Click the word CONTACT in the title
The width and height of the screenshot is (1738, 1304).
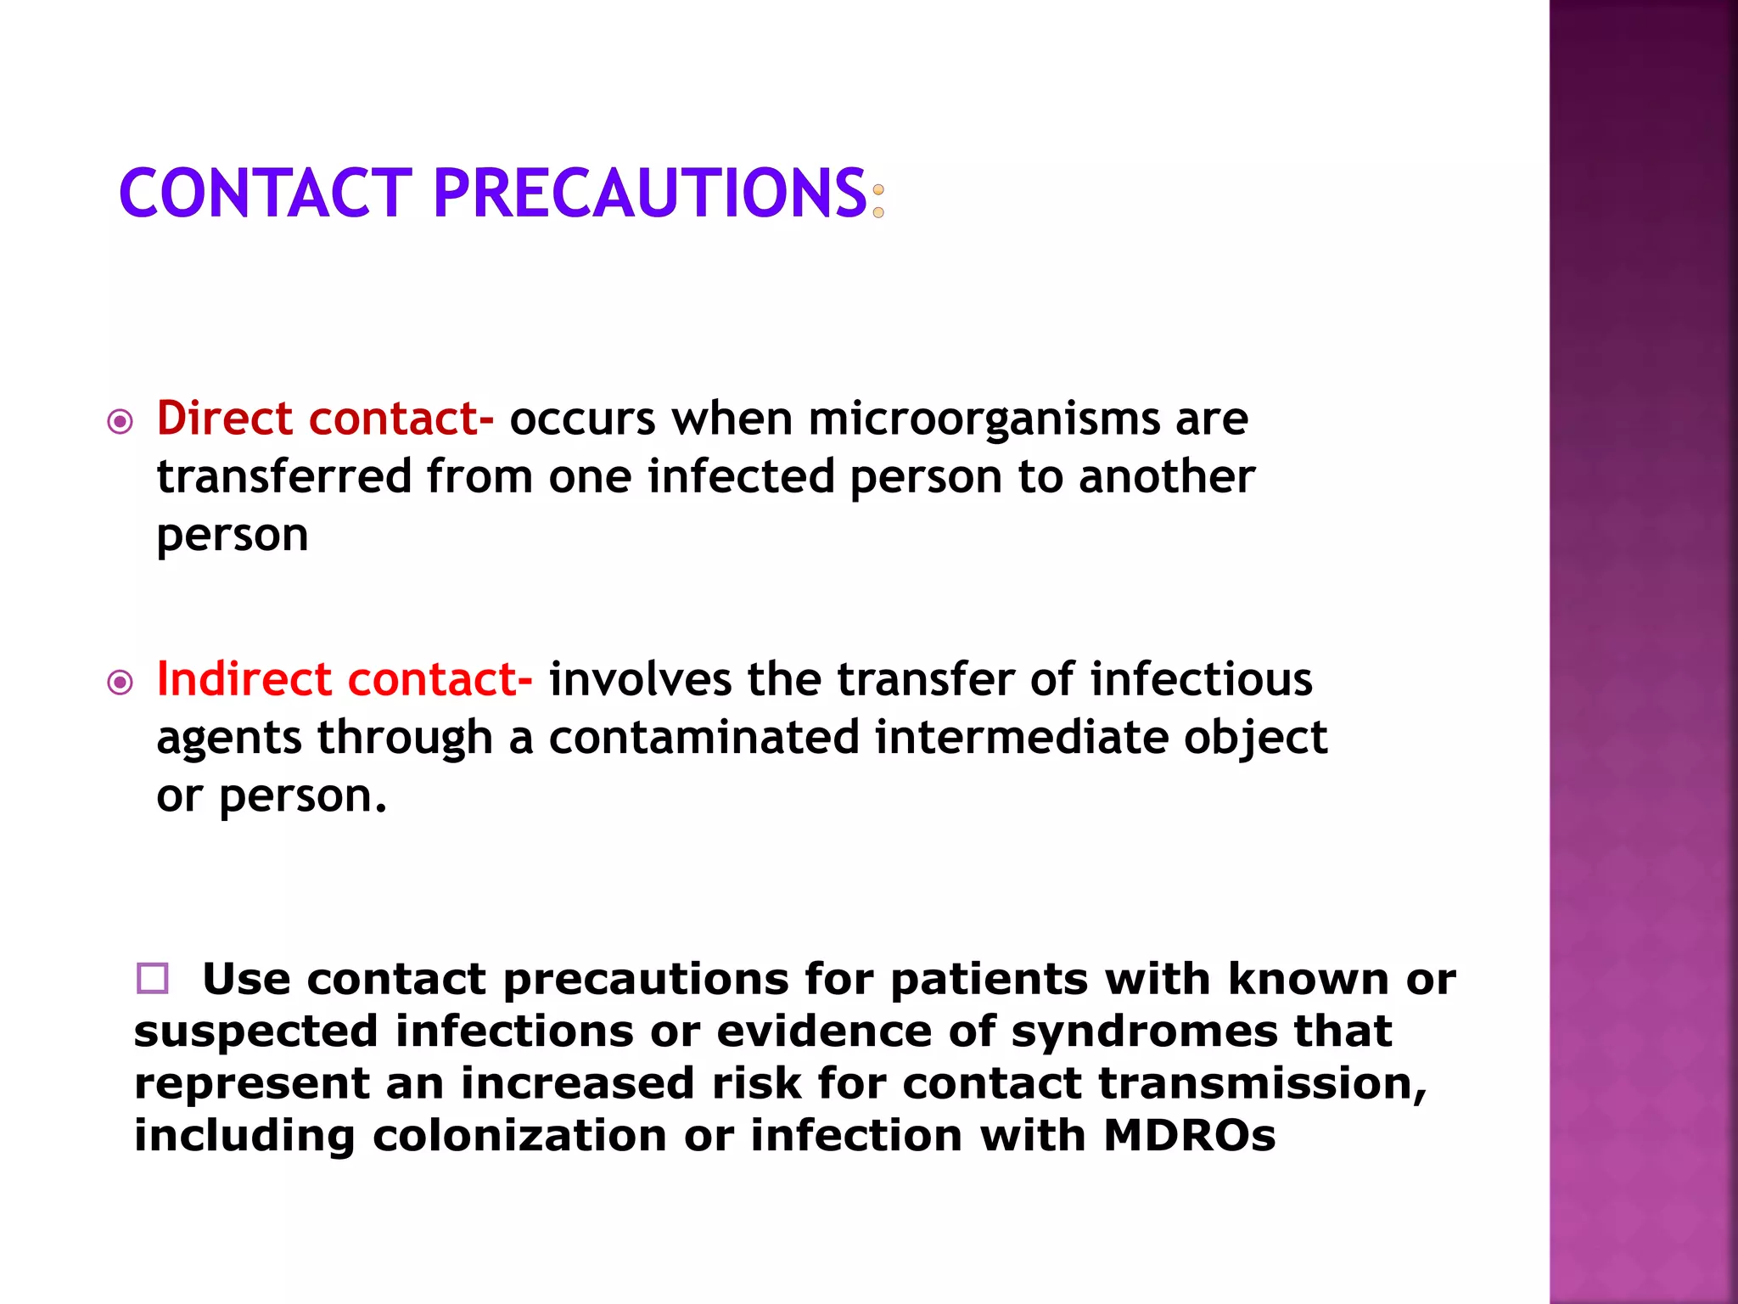tap(265, 194)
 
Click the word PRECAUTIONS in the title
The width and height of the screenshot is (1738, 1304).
tap(650, 194)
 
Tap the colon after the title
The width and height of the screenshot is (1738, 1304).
tap(878, 201)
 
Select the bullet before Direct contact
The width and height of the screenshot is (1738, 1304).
tap(121, 421)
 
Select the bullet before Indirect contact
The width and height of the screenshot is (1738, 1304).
tap(121, 682)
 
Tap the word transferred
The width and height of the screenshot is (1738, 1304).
tap(284, 476)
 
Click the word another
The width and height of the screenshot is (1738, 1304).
tap(1166, 476)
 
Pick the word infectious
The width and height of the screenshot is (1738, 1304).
tap(1201, 679)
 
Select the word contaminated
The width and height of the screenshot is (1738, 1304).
tap(704, 737)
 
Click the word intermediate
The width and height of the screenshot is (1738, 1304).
tap(1022, 737)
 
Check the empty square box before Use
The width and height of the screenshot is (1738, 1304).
tap(153, 978)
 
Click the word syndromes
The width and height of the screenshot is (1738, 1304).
tap(1144, 1032)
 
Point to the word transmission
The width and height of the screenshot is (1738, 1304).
tap(1262, 1084)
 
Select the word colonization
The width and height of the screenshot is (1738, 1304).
tap(519, 1136)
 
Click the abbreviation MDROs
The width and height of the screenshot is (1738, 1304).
tap(1189, 1136)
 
